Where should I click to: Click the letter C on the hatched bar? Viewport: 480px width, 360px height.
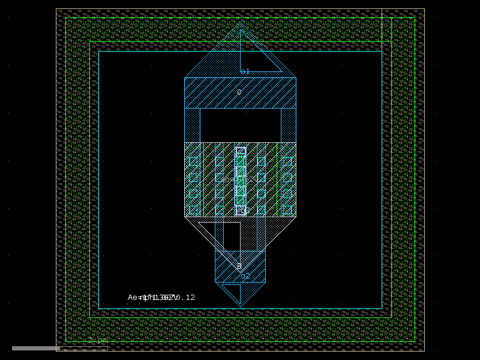pos(239,92)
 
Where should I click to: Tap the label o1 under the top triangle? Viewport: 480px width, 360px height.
pos(245,71)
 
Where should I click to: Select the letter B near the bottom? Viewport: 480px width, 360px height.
pos(239,266)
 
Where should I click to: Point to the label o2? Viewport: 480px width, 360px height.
pos(245,276)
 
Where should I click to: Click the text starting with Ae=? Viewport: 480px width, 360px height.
pos(161,298)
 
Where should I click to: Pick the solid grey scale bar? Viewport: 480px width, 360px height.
pos(35,348)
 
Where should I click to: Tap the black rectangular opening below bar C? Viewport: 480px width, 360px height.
pos(240,125)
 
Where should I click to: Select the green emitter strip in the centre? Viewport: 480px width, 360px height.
pos(241,180)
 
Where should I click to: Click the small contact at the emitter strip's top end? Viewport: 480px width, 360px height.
pos(241,151)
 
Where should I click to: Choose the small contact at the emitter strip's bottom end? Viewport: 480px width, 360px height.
pos(241,210)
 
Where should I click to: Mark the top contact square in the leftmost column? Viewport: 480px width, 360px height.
pos(193,161)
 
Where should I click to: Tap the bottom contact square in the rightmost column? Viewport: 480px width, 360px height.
pos(287,210)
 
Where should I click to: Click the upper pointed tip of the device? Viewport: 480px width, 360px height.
pos(241,23)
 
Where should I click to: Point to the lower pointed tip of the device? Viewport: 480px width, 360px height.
pos(241,305)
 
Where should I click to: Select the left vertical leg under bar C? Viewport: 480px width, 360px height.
pos(192,125)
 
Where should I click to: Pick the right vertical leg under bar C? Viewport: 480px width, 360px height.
pos(289,125)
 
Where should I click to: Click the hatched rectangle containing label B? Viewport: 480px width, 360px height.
pos(240,266)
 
